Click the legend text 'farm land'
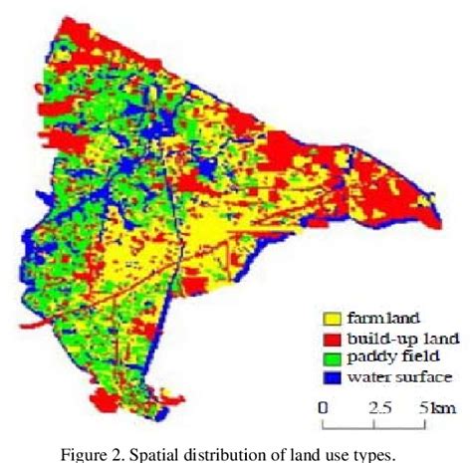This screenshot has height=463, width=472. pyautogui.click(x=377, y=319)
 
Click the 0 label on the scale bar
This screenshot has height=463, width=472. pyautogui.click(x=324, y=407)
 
